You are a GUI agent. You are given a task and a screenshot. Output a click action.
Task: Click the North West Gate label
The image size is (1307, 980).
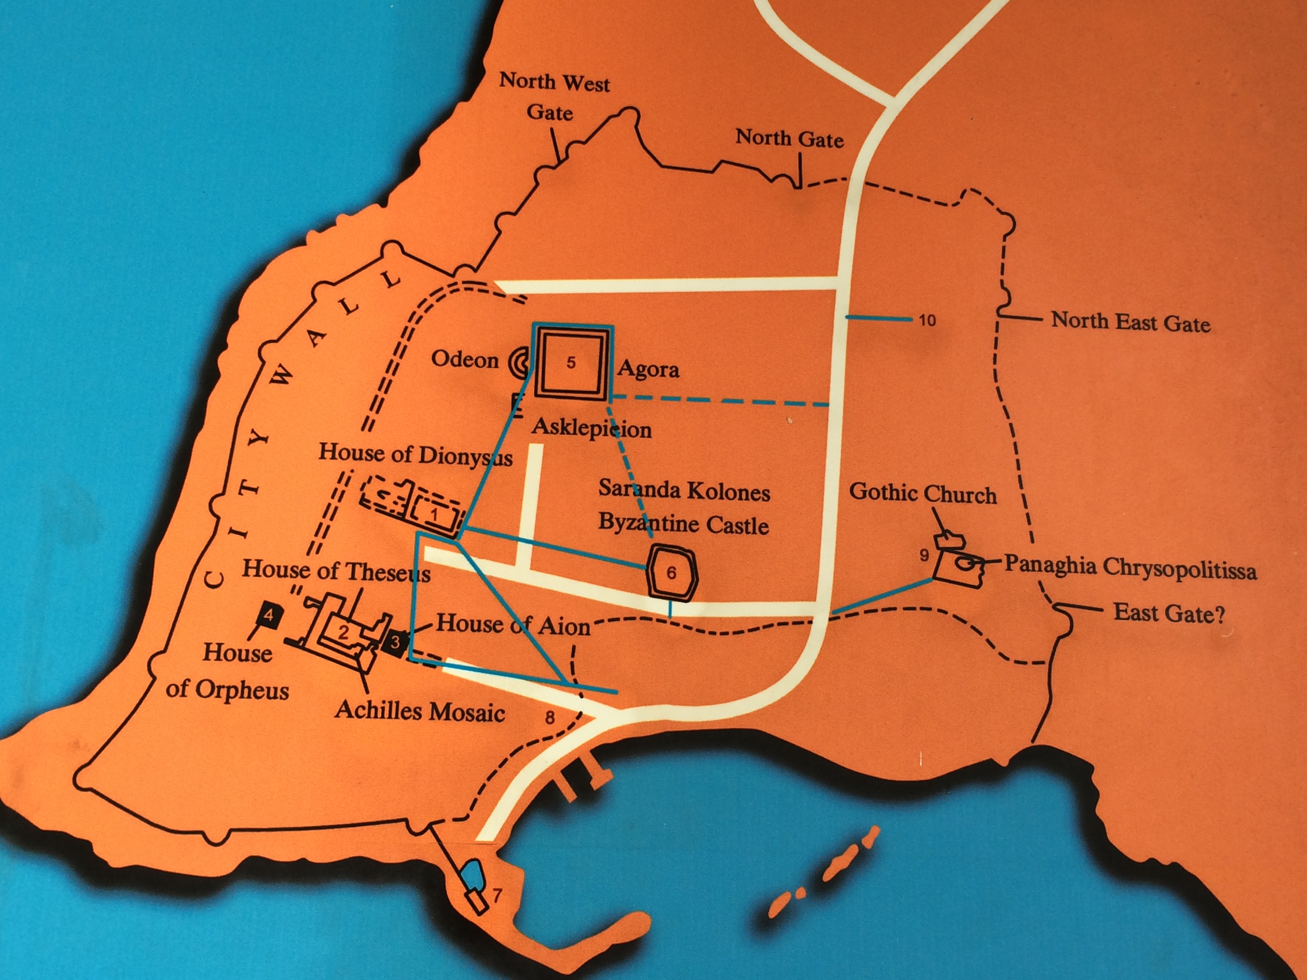554,96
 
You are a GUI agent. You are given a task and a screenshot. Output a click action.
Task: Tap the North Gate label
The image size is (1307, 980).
789,139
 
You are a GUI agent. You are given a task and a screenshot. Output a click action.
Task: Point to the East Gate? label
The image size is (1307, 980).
1169,613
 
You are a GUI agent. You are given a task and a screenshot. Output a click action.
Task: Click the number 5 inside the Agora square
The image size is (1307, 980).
571,363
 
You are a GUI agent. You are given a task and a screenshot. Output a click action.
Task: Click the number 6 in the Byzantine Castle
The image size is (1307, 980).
671,572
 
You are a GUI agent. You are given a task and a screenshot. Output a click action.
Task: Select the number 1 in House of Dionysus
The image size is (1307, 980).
434,514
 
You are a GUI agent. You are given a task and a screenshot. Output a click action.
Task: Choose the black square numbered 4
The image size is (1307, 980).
269,616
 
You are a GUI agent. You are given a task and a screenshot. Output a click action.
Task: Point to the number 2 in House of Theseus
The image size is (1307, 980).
343,633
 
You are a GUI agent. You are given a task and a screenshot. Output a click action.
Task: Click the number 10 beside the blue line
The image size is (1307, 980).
927,320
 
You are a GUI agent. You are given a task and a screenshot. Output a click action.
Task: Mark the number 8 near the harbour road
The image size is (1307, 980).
549,718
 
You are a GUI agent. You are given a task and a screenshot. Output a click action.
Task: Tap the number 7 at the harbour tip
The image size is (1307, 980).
497,896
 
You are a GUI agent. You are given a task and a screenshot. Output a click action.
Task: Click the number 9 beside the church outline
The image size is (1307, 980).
925,555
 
